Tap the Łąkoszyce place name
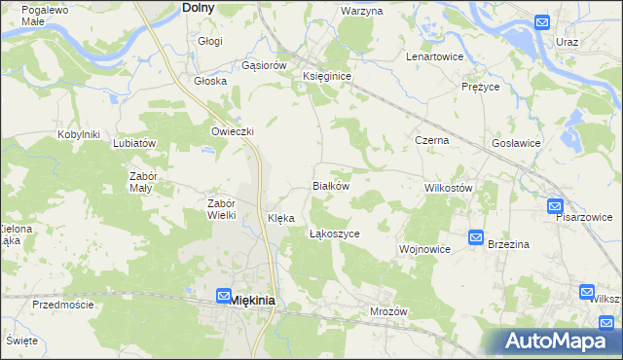click(x=334, y=234)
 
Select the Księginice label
click(x=326, y=75)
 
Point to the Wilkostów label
click(x=449, y=187)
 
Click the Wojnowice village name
click(x=424, y=249)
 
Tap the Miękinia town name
click(x=251, y=301)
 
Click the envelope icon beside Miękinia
click(x=223, y=296)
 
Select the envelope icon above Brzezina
click(x=475, y=237)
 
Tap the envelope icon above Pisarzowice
click(x=554, y=206)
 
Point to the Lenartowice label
click(x=433, y=56)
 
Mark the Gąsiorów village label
click(x=263, y=65)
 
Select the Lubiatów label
click(x=134, y=143)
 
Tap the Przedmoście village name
click(x=62, y=305)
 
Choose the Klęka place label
click(x=280, y=219)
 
